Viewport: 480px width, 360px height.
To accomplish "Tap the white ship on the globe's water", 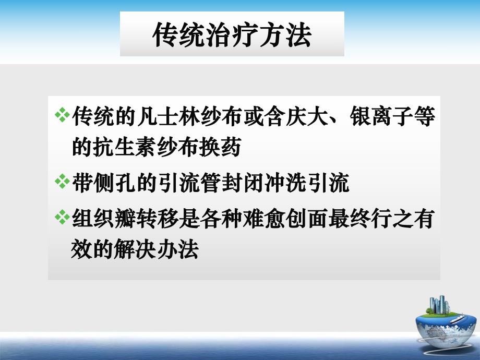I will coord(459,320).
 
